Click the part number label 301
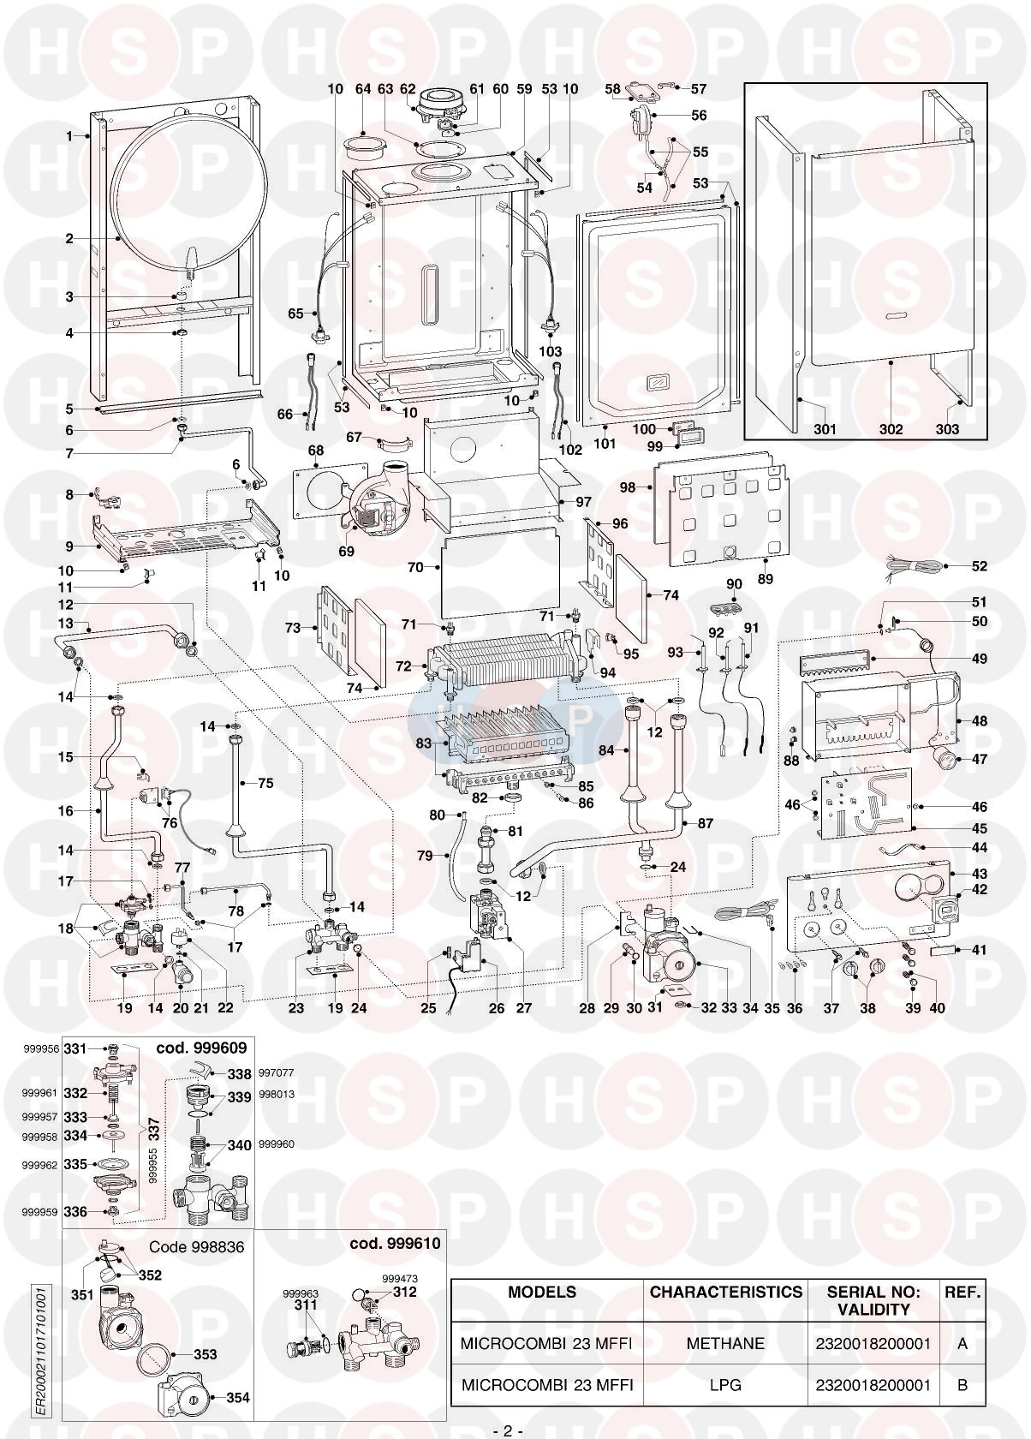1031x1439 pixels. click(x=825, y=429)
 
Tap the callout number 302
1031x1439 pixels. click(x=891, y=429)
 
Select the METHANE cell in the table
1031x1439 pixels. click(x=725, y=1343)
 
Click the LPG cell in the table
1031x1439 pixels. click(x=725, y=1384)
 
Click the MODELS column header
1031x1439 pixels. click(x=542, y=1292)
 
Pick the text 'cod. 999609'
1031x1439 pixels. click(x=201, y=1048)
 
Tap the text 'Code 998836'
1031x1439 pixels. click(x=197, y=1247)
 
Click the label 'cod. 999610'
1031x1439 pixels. click(x=395, y=1243)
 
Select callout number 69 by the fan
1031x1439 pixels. click(x=346, y=552)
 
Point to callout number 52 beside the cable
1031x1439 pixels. click(x=979, y=566)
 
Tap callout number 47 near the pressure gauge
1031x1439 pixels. click(x=979, y=759)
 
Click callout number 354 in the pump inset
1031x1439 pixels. click(x=237, y=1398)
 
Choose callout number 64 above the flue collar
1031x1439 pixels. click(x=363, y=88)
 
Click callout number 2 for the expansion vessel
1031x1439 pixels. click(x=69, y=239)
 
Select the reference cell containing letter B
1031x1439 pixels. click(x=962, y=1384)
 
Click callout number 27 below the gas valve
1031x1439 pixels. click(x=523, y=1008)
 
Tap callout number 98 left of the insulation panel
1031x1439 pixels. click(x=629, y=487)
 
